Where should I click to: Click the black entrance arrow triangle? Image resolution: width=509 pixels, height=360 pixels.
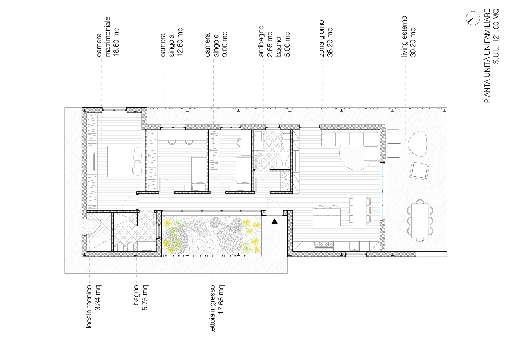click(x=275, y=222)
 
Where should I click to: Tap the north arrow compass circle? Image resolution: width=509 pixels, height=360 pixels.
click(x=473, y=19)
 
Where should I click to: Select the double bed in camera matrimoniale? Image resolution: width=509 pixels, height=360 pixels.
click(x=124, y=161)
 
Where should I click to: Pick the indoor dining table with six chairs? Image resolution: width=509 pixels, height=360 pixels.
click(x=360, y=210)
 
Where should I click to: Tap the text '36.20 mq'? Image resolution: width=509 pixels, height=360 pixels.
click(x=330, y=42)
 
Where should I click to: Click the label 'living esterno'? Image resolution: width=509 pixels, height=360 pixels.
click(x=404, y=36)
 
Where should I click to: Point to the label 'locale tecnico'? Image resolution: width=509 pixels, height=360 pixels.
click(x=89, y=307)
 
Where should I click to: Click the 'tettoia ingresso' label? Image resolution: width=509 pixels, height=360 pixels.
click(x=212, y=309)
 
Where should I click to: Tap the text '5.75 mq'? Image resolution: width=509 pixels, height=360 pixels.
click(x=145, y=298)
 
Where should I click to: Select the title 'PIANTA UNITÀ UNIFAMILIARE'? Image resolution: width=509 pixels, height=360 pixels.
click(x=487, y=55)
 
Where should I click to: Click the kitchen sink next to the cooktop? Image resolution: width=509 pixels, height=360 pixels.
click(x=354, y=246)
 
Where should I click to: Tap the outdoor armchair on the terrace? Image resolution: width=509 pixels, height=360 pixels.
click(x=419, y=171)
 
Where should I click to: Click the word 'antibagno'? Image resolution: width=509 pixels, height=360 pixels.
click(x=261, y=41)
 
